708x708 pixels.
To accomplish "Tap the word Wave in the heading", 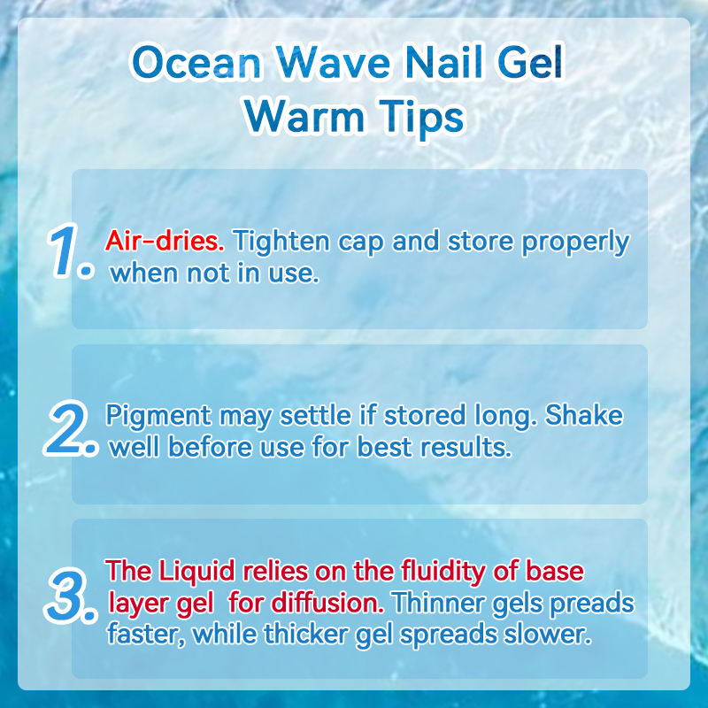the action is tap(334, 63).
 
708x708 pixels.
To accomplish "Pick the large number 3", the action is tap(71, 596).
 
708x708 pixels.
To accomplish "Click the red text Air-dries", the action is tap(165, 241).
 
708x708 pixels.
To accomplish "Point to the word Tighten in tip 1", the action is tap(281, 241).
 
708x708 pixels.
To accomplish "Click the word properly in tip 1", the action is tap(575, 242).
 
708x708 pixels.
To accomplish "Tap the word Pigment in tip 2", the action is tap(158, 416).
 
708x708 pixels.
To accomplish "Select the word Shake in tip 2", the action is tap(584, 415).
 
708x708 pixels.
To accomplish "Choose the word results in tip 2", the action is tap(466, 448).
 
